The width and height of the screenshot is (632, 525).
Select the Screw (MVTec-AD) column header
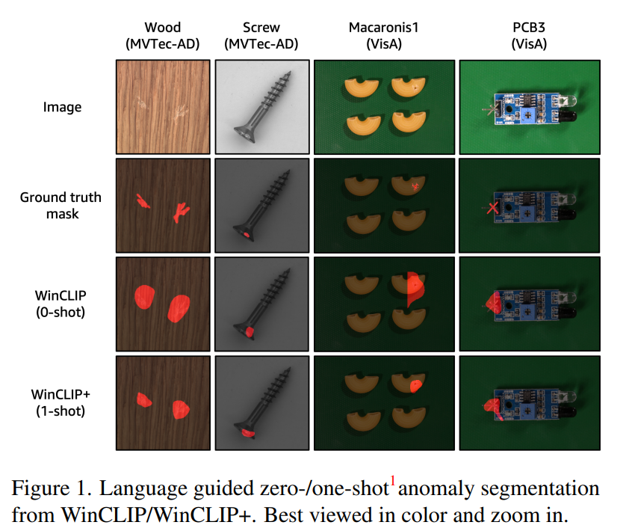261,36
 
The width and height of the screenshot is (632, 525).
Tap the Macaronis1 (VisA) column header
384,36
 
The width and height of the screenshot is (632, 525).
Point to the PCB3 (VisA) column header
529,36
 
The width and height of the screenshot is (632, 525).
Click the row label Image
63,107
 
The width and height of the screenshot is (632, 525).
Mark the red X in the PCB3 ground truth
492,209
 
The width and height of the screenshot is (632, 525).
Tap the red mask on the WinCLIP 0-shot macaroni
414,288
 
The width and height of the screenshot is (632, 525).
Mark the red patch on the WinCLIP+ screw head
248,432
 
